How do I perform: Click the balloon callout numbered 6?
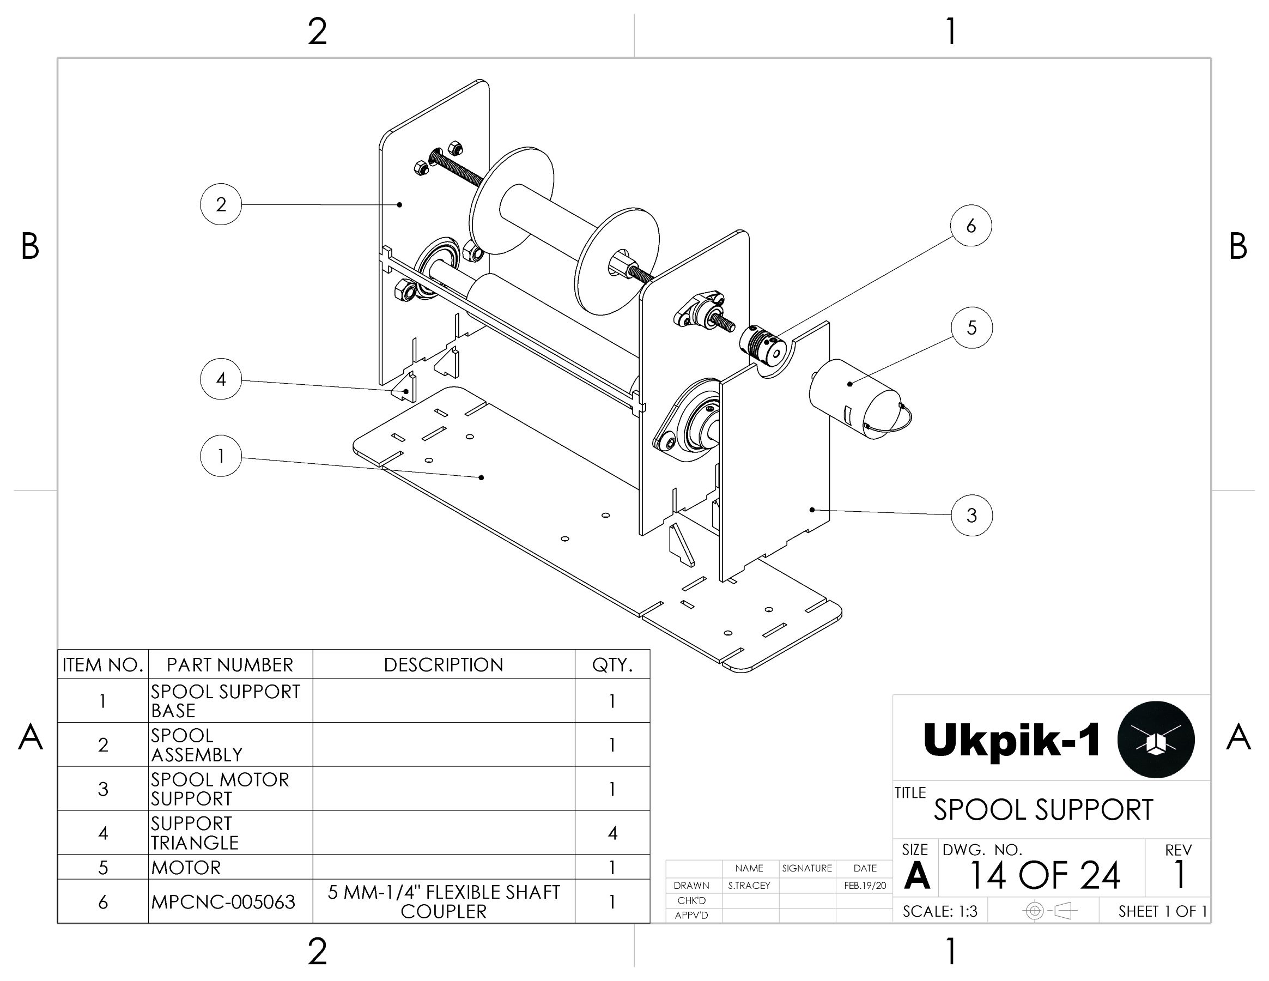click(x=971, y=226)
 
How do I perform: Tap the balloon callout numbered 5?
click(x=972, y=328)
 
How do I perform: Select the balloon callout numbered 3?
click(x=972, y=515)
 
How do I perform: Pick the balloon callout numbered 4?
click(x=221, y=379)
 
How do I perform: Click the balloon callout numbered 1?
click(x=221, y=456)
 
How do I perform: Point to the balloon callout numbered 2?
click(x=221, y=204)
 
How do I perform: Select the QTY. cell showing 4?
click(x=612, y=833)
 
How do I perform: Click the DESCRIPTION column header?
click(x=444, y=664)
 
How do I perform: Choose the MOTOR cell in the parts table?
click(x=186, y=867)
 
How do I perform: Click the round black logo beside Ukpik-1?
click(x=1156, y=739)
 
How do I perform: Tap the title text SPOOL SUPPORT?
click(x=1043, y=809)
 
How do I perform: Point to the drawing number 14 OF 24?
click(x=1045, y=875)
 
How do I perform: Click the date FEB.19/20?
click(x=865, y=885)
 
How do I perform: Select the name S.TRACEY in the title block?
click(x=749, y=885)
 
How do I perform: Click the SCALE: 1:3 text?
click(x=940, y=911)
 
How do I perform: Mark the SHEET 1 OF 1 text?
click(x=1162, y=911)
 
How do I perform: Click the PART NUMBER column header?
click(x=230, y=664)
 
